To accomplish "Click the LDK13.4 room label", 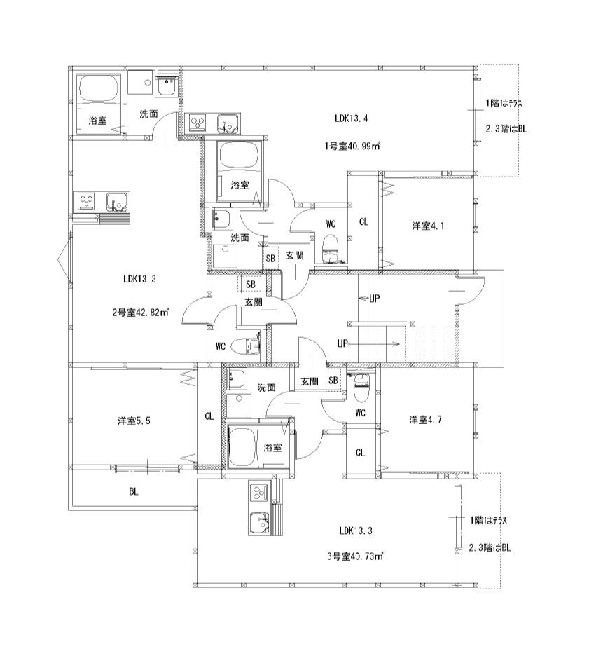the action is [351, 118].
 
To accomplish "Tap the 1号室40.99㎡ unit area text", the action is [352, 146].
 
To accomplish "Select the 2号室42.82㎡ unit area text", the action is [140, 313].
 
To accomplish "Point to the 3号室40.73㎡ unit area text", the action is [355, 556].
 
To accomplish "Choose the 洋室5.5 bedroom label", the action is [134, 421].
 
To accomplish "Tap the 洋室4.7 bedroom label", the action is [426, 420].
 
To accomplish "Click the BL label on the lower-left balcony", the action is [133, 491].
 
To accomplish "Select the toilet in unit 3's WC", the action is [361, 388].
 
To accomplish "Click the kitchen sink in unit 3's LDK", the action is [259, 522].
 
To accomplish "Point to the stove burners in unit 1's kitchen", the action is [198, 123].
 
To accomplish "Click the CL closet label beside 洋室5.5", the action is [209, 416].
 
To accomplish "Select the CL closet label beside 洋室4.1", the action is [363, 222].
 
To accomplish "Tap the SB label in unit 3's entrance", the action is [333, 381].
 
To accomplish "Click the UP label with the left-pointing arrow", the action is [369, 298].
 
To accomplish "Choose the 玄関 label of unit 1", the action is [294, 255].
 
